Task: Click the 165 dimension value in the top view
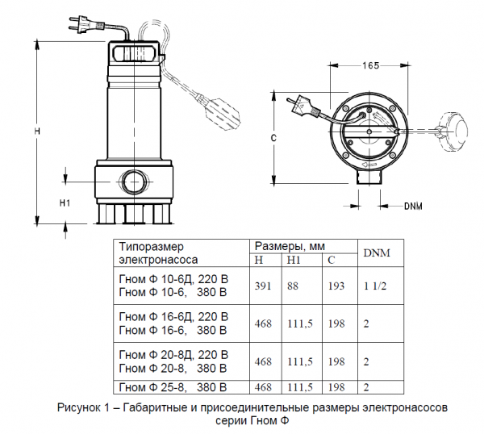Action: click(x=371, y=65)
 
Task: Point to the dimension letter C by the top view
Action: click(x=273, y=139)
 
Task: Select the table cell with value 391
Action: click(x=264, y=286)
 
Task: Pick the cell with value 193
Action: click(x=336, y=286)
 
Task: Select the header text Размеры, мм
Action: click(x=290, y=246)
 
